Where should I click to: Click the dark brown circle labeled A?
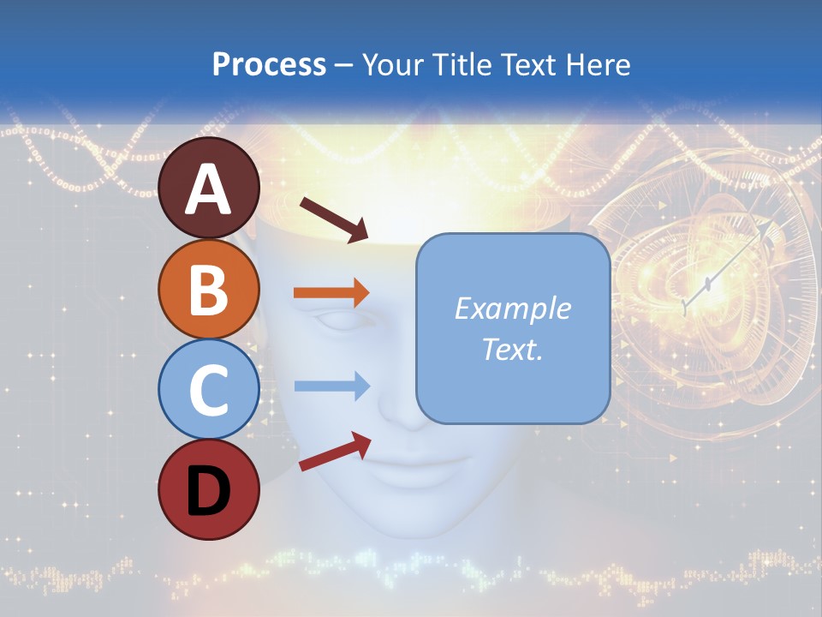pyautogui.click(x=209, y=188)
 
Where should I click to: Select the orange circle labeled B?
pyautogui.click(x=209, y=289)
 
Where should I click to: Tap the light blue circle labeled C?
pyautogui.click(x=209, y=389)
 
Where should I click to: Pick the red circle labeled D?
pyautogui.click(x=209, y=489)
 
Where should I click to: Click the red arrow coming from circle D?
pyautogui.click(x=335, y=452)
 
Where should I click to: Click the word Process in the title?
pyautogui.click(x=269, y=64)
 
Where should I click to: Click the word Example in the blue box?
pyautogui.click(x=512, y=308)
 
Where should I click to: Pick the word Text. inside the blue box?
pyautogui.click(x=512, y=349)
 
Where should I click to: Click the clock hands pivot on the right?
pyautogui.click(x=707, y=284)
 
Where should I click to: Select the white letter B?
pyautogui.click(x=209, y=289)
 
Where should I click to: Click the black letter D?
pyautogui.click(x=209, y=490)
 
